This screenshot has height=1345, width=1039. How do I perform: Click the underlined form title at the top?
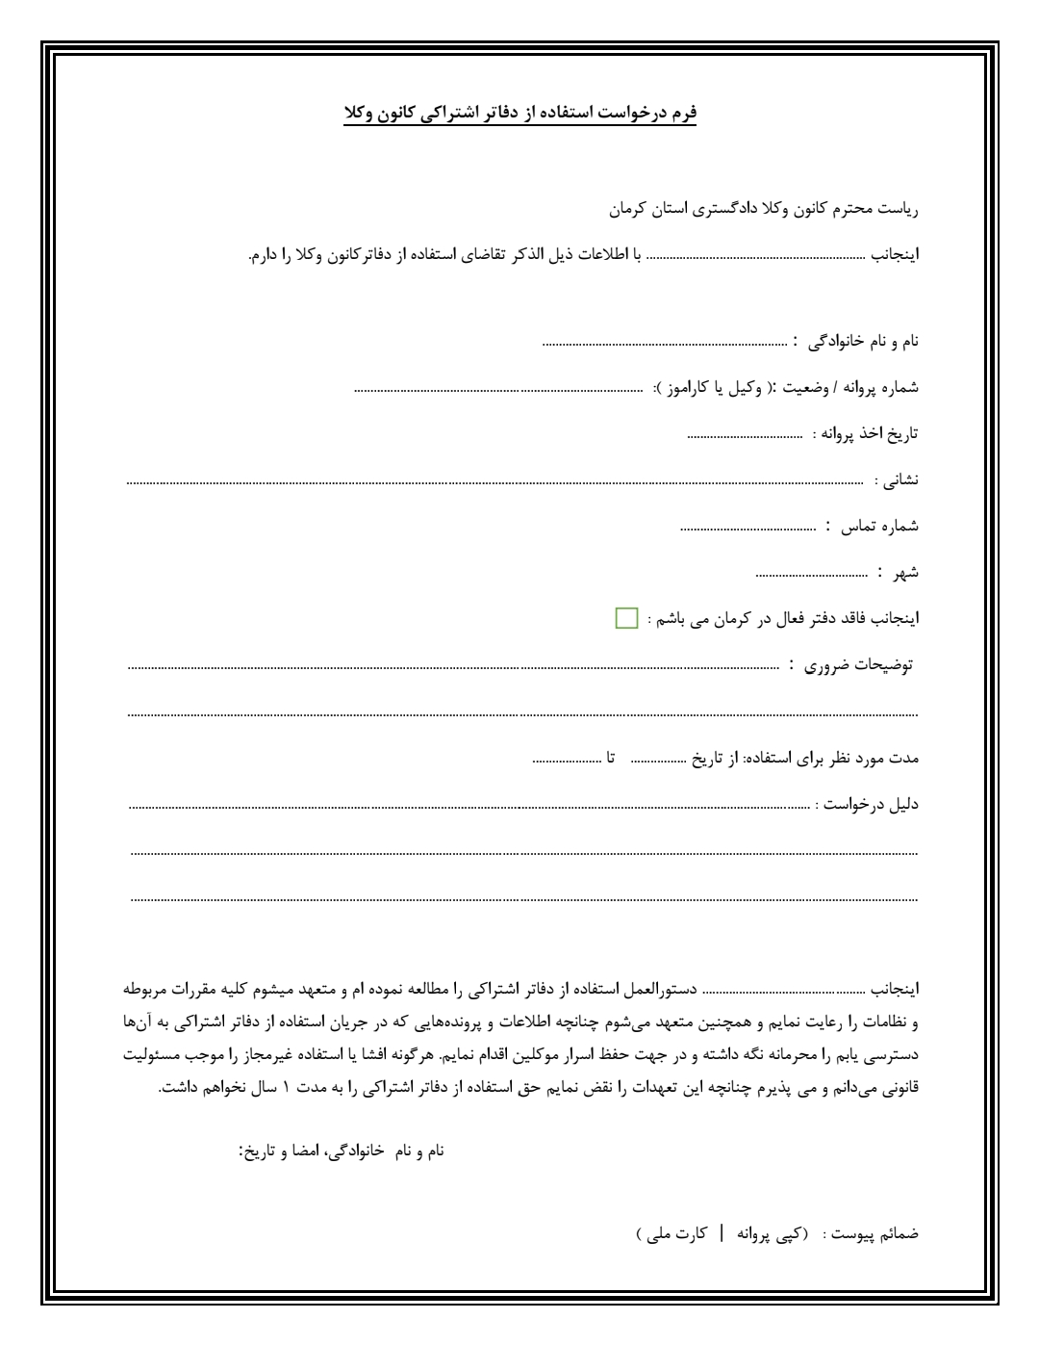pyautogui.click(x=519, y=114)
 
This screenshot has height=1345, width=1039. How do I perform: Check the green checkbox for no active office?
pyautogui.click(x=626, y=618)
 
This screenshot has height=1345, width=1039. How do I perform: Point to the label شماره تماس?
pyautogui.click(x=880, y=527)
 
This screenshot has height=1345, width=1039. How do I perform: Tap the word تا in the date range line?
pyautogui.click(x=611, y=758)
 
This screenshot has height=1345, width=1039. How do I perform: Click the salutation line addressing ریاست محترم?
pyautogui.click(x=764, y=207)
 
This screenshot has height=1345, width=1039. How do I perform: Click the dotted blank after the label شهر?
pyautogui.click(x=812, y=574)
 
